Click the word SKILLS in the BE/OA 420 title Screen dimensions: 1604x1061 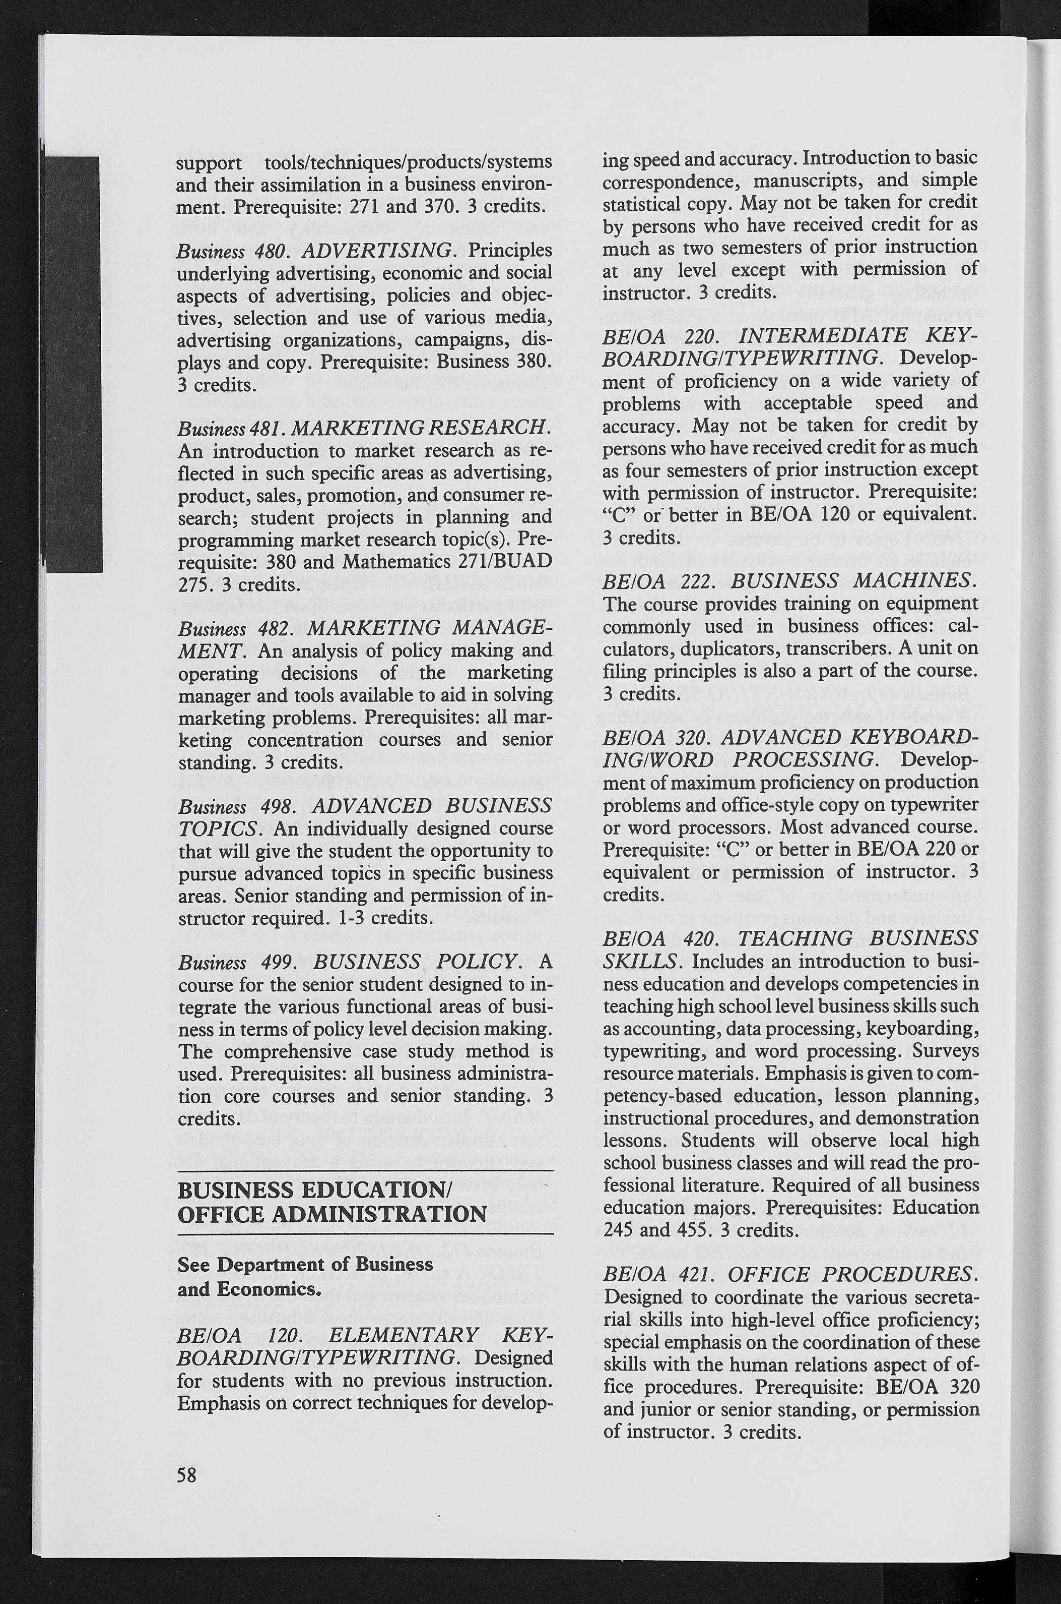pos(639,961)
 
